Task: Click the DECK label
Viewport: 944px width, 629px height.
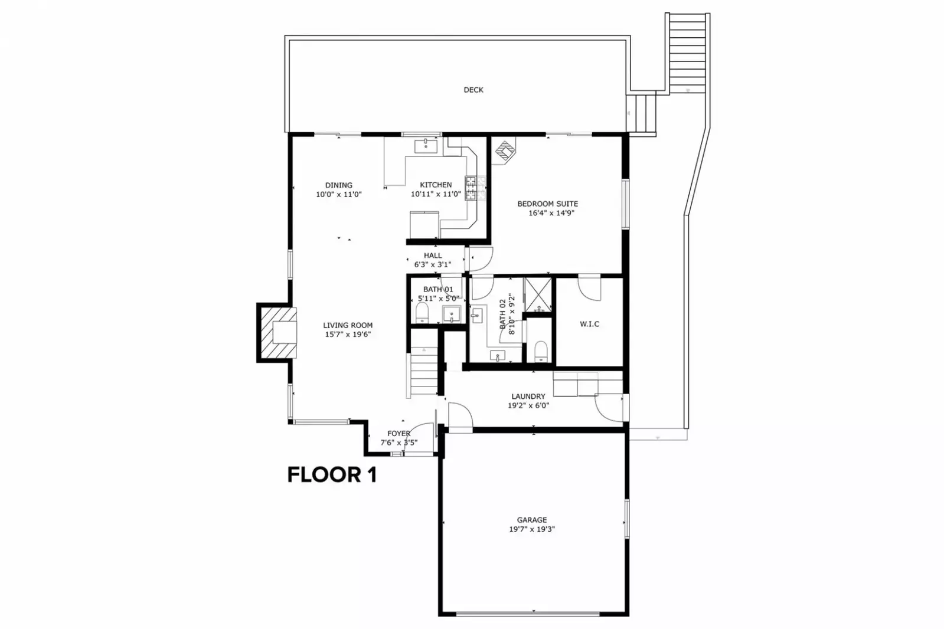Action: coord(473,90)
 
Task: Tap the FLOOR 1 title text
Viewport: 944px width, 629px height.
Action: coord(332,475)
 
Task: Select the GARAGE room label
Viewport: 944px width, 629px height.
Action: coord(532,520)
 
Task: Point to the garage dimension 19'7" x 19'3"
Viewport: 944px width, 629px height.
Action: coord(532,529)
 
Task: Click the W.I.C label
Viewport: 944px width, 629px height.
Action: coord(589,324)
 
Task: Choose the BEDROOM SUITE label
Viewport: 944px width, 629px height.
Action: coord(547,204)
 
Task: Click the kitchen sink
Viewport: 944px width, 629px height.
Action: coord(426,146)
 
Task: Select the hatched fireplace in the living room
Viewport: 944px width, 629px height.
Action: coord(278,333)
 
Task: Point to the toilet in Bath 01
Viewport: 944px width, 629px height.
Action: coord(422,313)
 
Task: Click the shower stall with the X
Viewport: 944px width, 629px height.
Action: coord(537,294)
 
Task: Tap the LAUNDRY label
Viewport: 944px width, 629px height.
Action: coord(528,397)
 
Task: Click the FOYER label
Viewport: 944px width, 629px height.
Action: coord(398,434)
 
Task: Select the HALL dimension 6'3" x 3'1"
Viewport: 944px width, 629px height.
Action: coord(433,264)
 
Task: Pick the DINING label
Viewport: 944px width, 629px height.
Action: coord(339,185)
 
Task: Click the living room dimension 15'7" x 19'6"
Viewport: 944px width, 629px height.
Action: coord(348,335)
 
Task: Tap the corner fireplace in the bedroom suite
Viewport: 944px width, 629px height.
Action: coord(504,150)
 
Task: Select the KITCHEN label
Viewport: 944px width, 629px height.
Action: coord(436,185)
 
